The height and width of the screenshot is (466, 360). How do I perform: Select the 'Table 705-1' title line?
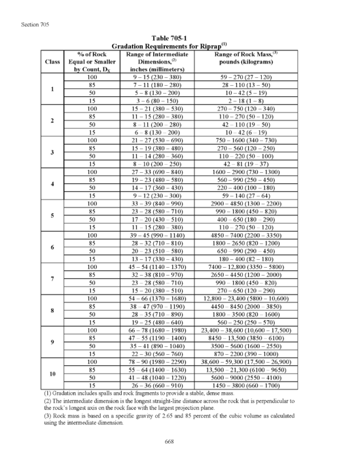click(179, 39)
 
